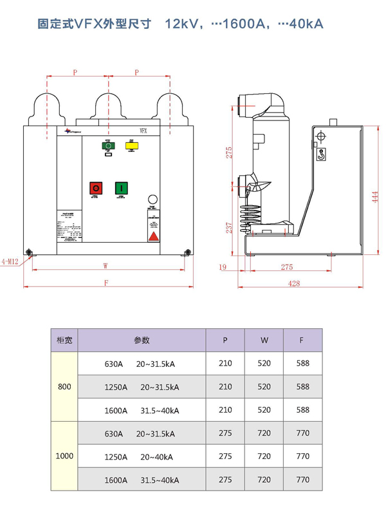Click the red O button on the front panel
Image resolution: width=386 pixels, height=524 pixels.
96,188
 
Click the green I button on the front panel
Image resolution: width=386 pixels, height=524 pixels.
120,188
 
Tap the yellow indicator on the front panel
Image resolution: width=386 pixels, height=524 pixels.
131,146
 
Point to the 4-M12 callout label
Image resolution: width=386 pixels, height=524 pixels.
11,261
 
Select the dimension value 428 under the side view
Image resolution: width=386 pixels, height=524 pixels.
294,283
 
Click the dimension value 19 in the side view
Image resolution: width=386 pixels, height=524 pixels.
223,267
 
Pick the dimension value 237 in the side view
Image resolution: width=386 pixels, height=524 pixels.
229,227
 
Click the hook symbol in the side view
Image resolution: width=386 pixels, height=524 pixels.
321,154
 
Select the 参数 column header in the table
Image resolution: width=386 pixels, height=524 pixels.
142,340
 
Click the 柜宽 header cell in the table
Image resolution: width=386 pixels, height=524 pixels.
64,340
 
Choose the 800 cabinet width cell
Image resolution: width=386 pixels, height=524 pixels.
64,386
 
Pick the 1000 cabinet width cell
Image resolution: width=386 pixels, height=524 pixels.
64,456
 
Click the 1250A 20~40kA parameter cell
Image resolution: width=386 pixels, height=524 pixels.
138,456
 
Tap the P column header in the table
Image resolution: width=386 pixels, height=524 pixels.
225,340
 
